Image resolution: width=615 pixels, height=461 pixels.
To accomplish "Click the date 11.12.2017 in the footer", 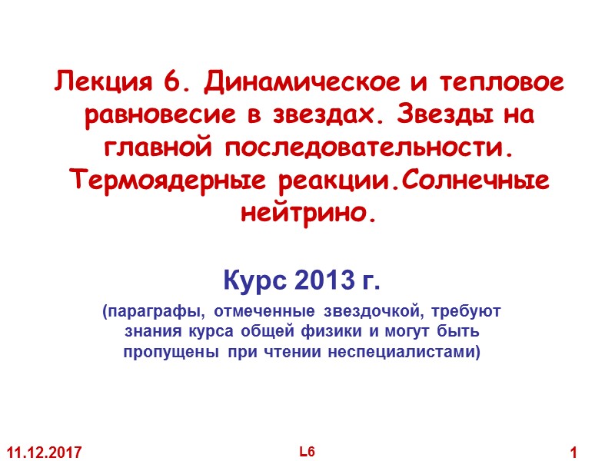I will tap(45, 450).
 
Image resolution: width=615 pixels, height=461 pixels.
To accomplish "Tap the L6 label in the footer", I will tap(307, 449).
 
